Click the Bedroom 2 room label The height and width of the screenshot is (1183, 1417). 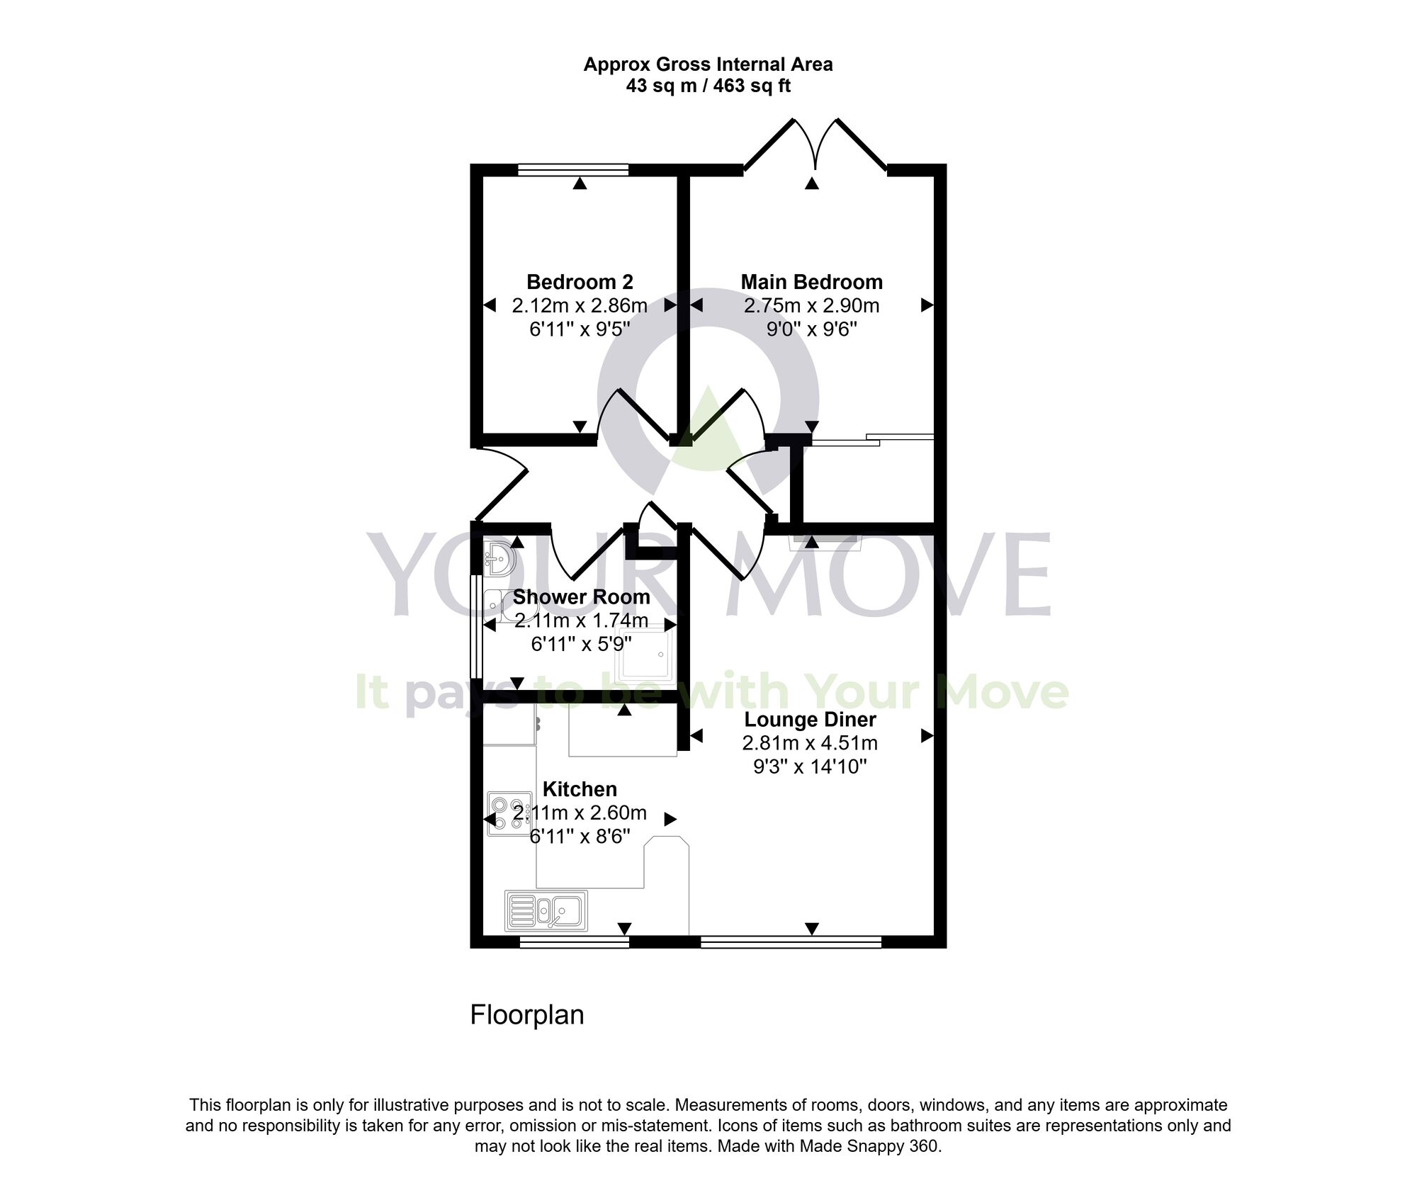[x=580, y=282]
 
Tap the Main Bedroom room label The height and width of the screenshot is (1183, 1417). [x=811, y=282]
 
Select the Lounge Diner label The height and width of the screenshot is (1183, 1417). [x=810, y=720]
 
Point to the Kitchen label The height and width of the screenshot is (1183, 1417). [x=580, y=788]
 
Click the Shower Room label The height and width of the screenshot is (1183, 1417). [x=581, y=596]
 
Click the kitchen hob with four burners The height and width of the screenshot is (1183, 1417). [x=509, y=813]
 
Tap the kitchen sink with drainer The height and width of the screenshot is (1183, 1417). [x=546, y=910]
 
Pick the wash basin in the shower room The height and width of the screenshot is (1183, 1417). [x=499, y=559]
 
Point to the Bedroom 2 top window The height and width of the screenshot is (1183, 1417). [x=572, y=169]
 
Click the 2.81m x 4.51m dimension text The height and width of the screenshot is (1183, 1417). [x=810, y=743]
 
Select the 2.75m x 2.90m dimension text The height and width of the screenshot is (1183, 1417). [x=811, y=305]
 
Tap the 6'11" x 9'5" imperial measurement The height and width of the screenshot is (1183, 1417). [x=580, y=329]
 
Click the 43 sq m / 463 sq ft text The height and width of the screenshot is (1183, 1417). [x=708, y=86]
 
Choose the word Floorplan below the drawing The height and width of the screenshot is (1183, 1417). [x=527, y=1014]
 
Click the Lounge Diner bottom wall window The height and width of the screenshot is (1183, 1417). [x=791, y=941]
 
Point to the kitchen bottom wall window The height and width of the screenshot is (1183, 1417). [x=574, y=941]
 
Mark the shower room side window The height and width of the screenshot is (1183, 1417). [x=475, y=626]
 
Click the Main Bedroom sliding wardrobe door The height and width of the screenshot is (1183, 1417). [x=871, y=439]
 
